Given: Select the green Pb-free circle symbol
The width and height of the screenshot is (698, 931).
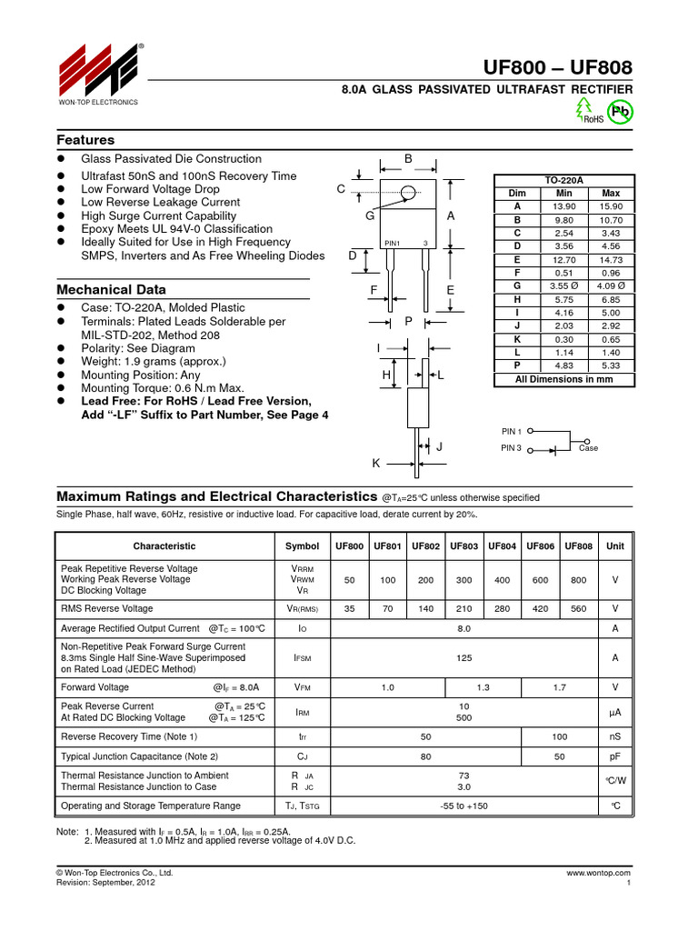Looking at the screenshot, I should pyautogui.click(x=621, y=111).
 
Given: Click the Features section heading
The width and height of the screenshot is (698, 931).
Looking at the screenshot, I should pyautogui.click(x=85, y=140).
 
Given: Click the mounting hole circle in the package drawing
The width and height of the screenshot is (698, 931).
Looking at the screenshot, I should pyautogui.click(x=408, y=192).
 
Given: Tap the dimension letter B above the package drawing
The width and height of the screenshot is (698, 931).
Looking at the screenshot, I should pyautogui.click(x=408, y=159).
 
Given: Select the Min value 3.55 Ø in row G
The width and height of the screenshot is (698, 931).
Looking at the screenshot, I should pyautogui.click(x=564, y=285).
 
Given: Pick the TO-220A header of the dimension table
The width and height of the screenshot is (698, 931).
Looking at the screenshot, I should pyautogui.click(x=564, y=180).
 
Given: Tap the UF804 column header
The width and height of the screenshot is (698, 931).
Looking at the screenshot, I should pyautogui.click(x=503, y=546).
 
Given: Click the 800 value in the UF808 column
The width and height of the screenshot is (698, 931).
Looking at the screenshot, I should pyautogui.click(x=579, y=579).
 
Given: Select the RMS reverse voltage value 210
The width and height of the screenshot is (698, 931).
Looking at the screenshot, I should pyautogui.click(x=464, y=608).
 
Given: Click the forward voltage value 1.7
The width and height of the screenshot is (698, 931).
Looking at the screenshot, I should pyautogui.click(x=559, y=687).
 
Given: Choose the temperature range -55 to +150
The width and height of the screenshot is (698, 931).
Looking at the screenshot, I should pyautogui.click(x=464, y=806).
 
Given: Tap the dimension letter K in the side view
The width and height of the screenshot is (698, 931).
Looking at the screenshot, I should pyautogui.click(x=375, y=464).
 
